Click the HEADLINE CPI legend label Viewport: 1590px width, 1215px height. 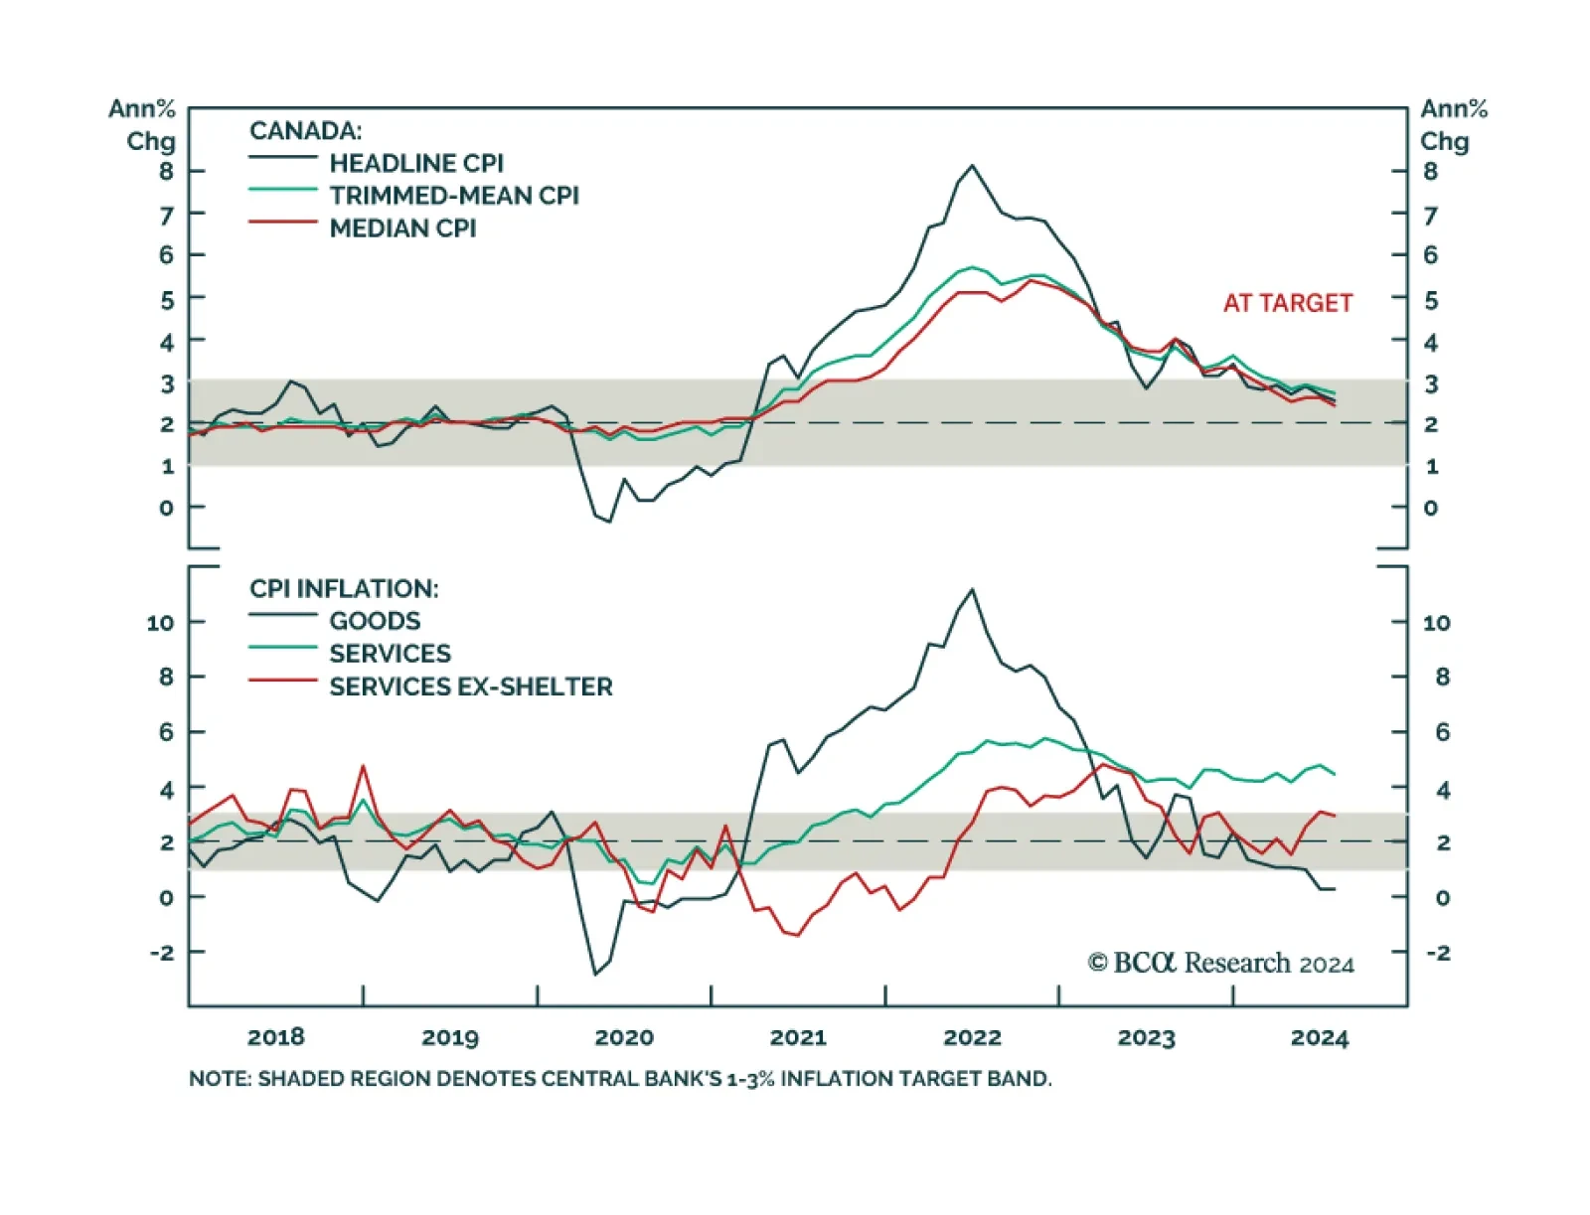tap(415, 163)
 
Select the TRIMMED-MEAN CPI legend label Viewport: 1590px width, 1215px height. tap(453, 196)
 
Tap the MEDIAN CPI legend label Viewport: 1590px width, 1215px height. tap(402, 228)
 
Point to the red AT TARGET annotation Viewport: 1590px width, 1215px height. tap(1287, 303)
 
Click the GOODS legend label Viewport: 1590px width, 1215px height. tap(375, 621)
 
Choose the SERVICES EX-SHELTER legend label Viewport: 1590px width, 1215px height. tap(470, 686)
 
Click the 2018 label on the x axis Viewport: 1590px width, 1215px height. tap(275, 1037)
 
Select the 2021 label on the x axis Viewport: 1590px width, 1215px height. tap(798, 1037)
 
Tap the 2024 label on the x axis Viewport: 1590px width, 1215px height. tap(1320, 1037)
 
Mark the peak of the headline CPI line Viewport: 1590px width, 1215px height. tap(972, 166)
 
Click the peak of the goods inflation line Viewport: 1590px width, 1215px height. tap(972, 589)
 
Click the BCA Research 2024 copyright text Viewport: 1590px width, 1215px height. tap(1220, 963)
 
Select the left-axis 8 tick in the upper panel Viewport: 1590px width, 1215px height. tap(166, 171)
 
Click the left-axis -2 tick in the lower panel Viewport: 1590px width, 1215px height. tap(161, 952)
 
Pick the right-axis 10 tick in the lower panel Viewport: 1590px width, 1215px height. tap(1436, 623)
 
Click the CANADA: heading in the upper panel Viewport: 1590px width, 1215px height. tap(305, 131)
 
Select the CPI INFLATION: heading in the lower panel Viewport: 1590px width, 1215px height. tap(344, 588)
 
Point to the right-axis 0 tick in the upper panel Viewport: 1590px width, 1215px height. tap(1430, 508)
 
